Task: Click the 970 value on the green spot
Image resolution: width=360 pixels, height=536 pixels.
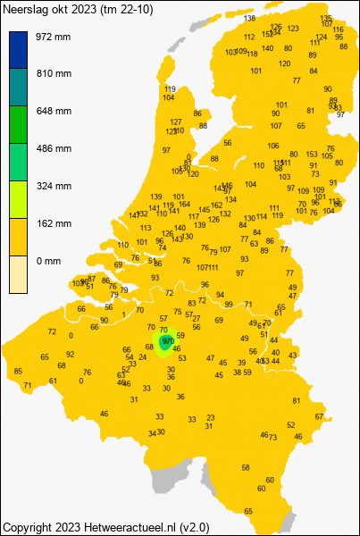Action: tap(167, 341)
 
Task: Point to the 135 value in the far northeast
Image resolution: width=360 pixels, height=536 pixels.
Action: tap(326, 18)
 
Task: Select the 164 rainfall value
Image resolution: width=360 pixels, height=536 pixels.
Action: tap(184, 204)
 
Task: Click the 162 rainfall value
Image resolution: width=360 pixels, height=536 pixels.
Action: tap(216, 205)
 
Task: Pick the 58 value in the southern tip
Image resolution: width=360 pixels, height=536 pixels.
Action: tap(247, 467)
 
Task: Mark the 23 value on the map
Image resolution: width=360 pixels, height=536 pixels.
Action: tap(210, 417)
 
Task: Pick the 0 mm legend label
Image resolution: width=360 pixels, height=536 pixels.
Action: tap(49, 261)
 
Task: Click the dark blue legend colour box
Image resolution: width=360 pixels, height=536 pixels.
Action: tap(19, 50)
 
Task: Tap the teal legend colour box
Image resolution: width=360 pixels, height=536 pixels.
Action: tap(19, 88)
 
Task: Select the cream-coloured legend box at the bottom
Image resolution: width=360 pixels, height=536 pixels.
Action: tap(19, 274)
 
